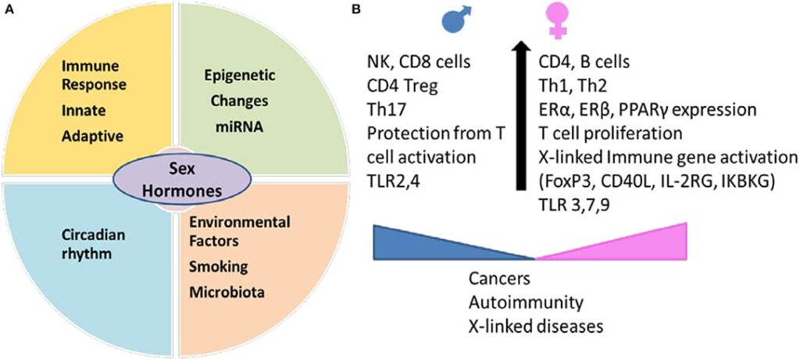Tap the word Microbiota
tap(225, 293)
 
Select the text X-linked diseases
tap(526, 323)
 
